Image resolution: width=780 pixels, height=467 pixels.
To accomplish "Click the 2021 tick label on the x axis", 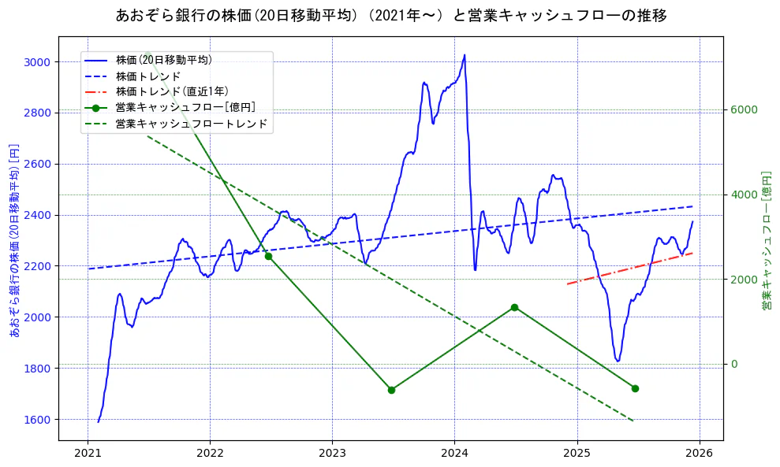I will point(88,454).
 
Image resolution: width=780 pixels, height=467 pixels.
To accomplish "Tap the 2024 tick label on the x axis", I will point(454,454).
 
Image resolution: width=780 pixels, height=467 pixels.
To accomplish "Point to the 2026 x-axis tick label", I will point(699,454).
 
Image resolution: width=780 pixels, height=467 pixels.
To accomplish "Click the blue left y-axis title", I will point(13,240).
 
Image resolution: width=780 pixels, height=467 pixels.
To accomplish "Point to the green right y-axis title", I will point(766,240).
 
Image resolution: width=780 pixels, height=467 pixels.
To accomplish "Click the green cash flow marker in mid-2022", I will point(268,256).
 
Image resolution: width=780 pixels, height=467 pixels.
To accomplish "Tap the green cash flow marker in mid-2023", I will point(391,390).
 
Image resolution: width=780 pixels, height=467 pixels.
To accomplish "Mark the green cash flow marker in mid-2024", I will point(514,307).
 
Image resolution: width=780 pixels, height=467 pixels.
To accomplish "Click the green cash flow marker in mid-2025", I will point(635,388).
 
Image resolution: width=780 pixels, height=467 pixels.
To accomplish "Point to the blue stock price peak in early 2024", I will point(465,55).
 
